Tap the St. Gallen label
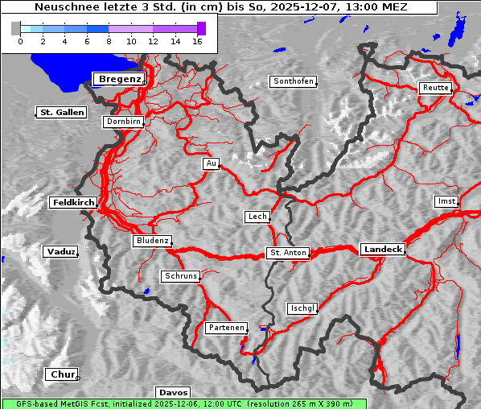[61, 113]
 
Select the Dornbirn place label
[124, 122]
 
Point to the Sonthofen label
[293, 81]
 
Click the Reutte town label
[435, 88]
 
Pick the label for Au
[211, 163]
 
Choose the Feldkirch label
[73, 203]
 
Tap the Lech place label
[257, 217]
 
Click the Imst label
[445, 200]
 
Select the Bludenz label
[152, 241]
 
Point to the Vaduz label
[60, 252]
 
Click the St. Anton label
[287, 253]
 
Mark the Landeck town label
[382, 250]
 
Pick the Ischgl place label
[302, 308]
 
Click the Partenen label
[225, 328]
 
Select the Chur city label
[61, 374]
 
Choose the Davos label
[173, 392]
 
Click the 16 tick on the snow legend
[197, 40]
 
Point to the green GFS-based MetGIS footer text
[183, 403]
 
